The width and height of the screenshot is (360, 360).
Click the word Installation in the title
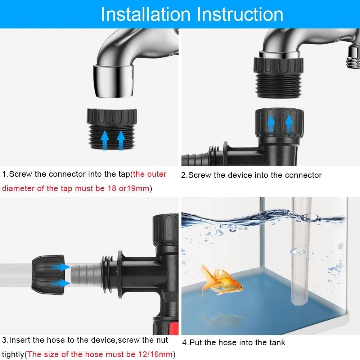[x=145, y=14]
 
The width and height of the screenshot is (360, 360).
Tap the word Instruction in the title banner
[x=239, y=14]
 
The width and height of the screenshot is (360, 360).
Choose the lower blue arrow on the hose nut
[x=63, y=283]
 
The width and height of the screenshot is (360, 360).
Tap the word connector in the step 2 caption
[x=302, y=175]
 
